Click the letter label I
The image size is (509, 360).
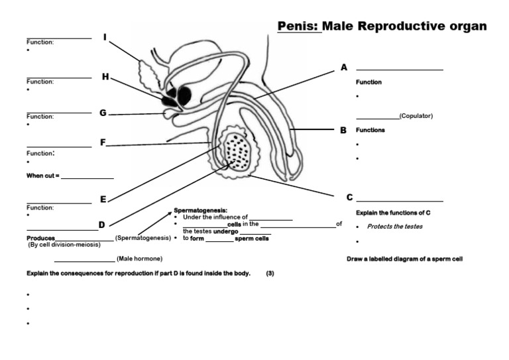[x=105, y=37]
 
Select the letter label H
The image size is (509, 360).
[x=105, y=77]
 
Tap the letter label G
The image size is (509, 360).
[x=103, y=113]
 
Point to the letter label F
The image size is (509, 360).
[x=103, y=143]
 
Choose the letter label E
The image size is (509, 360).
[x=103, y=199]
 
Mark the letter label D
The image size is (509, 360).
[x=102, y=225]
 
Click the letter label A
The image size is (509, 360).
[x=343, y=68]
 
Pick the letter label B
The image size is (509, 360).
[x=343, y=131]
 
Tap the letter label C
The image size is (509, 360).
[x=349, y=198]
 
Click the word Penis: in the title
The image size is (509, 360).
[x=298, y=27]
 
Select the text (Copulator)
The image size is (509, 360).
[x=416, y=116]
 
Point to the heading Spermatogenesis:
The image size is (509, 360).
[x=200, y=210]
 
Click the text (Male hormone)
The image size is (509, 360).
[x=139, y=259]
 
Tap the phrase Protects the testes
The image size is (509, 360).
[x=395, y=227]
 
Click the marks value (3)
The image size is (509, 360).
[x=270, y=273]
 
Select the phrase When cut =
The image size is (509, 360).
[x=43, y=176]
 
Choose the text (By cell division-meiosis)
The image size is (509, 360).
[x=64, y=245]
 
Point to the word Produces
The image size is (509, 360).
[x=40, y=238]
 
